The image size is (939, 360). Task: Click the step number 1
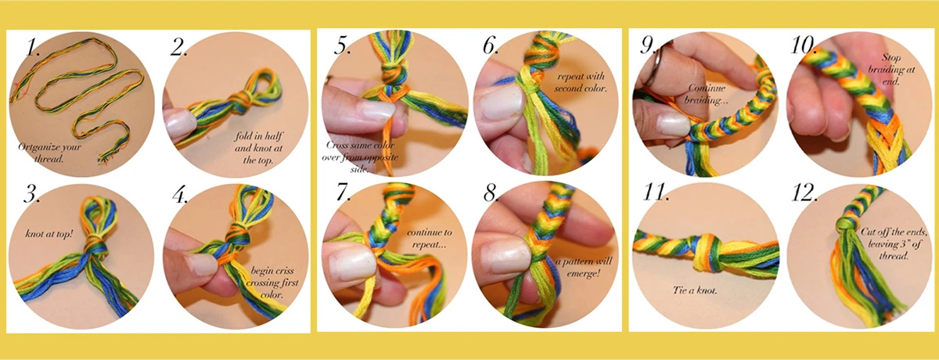tap(32, 48)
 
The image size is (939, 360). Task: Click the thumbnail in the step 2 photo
tap(179, 121)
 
